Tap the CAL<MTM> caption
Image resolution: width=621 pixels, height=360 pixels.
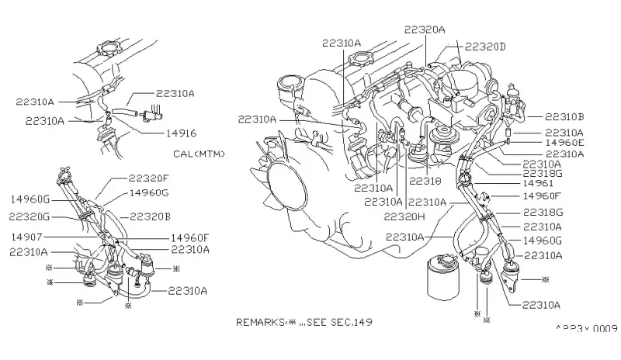[x=199, y=154]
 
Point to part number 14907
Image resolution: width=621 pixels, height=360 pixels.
[x=29, y=237]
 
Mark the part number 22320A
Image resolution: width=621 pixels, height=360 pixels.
[x=425, y=29]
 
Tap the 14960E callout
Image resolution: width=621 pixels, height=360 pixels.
[x=564, y=144]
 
